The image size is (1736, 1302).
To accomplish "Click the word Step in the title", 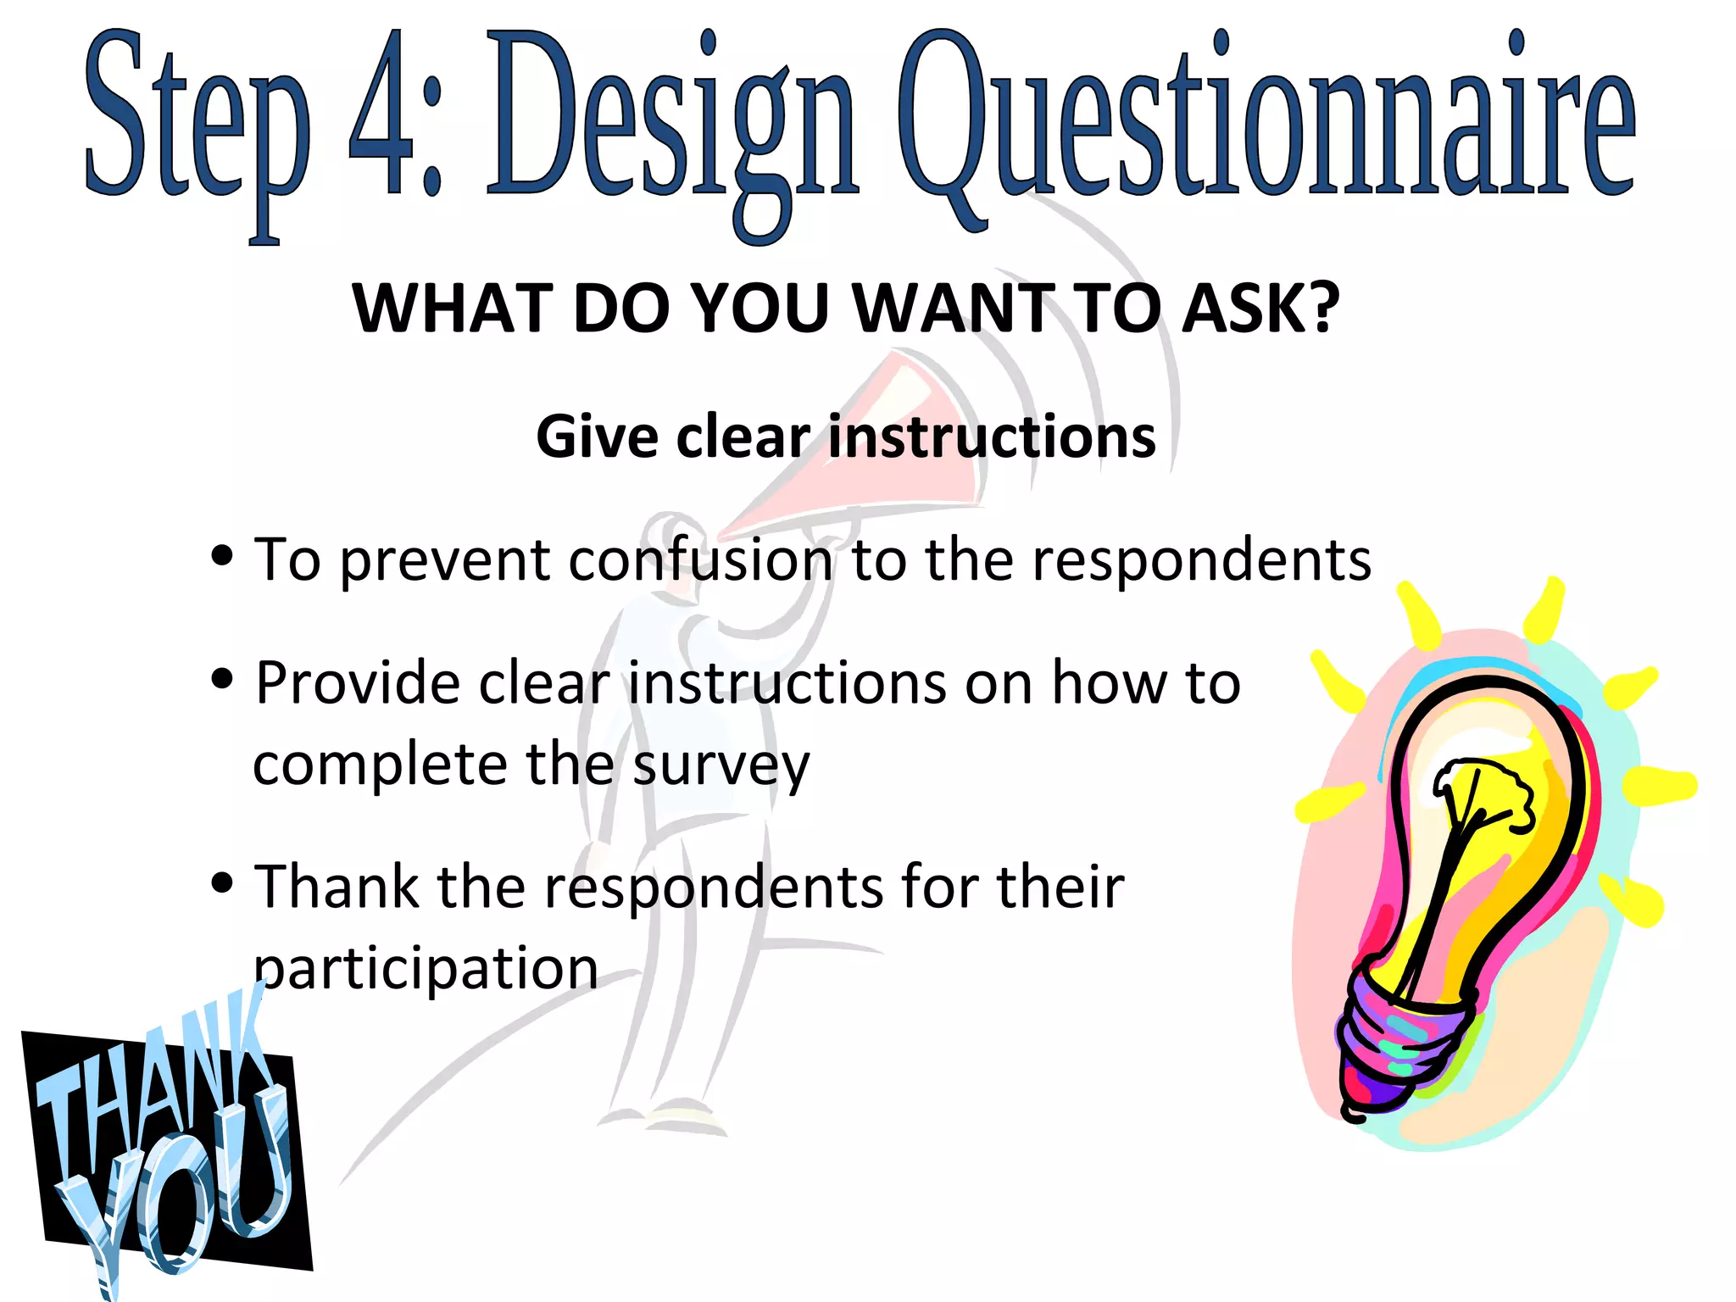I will click(x=197, y=119).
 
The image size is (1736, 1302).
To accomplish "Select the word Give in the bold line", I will click(x=597, y=437).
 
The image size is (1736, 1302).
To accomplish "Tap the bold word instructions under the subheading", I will click(x=992, y=437).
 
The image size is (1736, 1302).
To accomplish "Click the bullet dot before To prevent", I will click(x=222, y=556).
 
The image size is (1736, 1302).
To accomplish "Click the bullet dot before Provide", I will click(x=222, y=678).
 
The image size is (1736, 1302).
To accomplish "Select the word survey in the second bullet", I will click(x=721, y=765).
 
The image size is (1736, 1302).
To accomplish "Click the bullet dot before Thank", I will click(x=222, y=882).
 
